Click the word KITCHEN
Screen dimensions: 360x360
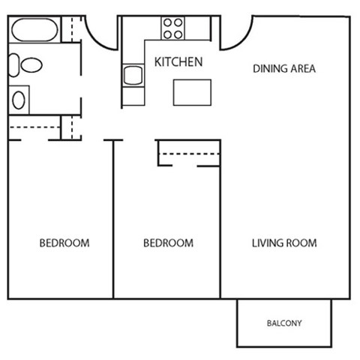tap(178, 61)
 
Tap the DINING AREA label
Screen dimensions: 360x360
tap(283, 69)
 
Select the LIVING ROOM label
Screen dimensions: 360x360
tap(283, 243)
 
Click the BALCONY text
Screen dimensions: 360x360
tap(284, 324)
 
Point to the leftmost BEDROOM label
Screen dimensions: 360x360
tap(64, 243)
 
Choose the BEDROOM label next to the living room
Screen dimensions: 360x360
tap(168, 243)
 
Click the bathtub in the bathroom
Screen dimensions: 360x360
tap(32, 31)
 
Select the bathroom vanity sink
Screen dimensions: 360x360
tap(19, 97)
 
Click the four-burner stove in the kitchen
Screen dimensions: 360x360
tap(172, 28)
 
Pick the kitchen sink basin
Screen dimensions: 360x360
tap(133, 76)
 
